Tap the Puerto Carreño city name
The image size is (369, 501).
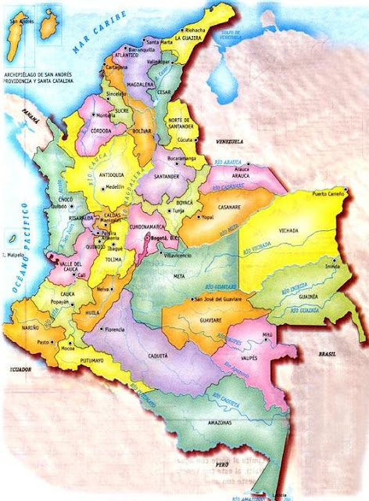pos(329,193)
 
